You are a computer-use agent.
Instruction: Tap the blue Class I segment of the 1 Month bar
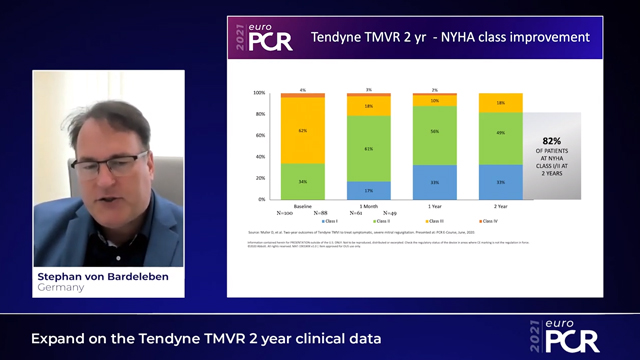pos(369,190)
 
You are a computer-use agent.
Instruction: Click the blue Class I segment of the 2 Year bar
pos(500,181)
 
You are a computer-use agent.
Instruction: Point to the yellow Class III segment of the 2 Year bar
pos(500,103)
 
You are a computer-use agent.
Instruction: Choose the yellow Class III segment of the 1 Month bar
pos(369,105)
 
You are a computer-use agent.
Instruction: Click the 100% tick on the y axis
pos(259,93)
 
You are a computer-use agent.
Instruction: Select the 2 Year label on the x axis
pos(500,205)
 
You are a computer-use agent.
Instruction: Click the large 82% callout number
pos(551,141)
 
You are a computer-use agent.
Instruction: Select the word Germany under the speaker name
pos(61,288)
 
